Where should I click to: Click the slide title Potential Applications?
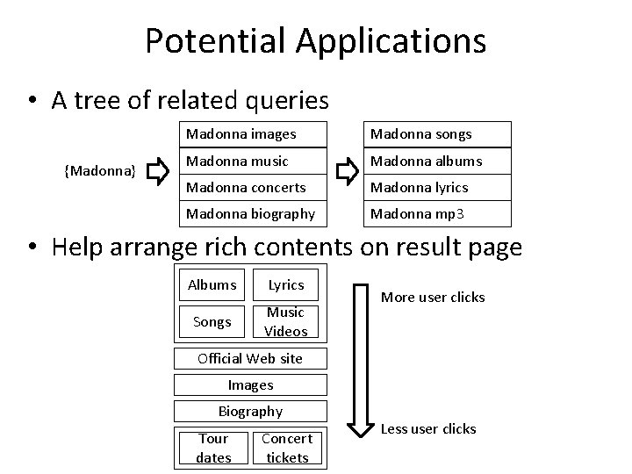point(315,40)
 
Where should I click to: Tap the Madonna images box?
point(252,134)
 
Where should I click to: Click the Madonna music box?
point(252,161)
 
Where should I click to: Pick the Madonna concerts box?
point(252,187)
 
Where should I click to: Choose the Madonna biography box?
point(252,214)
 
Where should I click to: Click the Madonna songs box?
point(436,134)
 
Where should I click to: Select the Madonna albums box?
point(436,161)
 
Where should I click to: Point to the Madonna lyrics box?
point(436,187)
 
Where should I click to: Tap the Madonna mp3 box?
point(436,214)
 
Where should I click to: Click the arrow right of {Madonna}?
point(159,174)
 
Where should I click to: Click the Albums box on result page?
point(212,284)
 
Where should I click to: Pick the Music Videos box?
point(286,321)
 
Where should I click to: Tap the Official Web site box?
point(250,358)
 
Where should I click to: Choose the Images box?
point(250,384)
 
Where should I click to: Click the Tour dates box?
point(213,448)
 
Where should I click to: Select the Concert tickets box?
point(287,448)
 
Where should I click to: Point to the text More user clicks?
point(432,297)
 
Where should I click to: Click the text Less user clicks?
point(427,428)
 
